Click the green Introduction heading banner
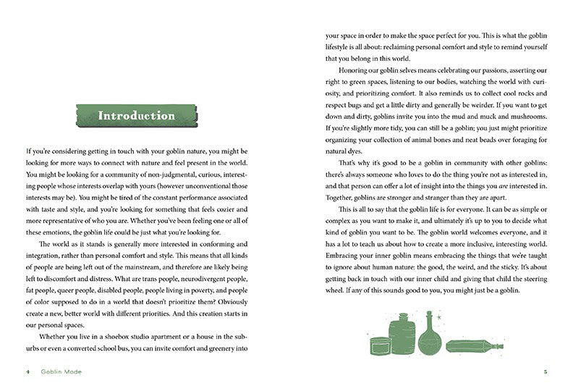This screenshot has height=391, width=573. tap(136, 116)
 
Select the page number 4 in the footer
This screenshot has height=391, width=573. tap(27, 373)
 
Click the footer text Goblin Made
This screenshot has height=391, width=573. tap(61, 373)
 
